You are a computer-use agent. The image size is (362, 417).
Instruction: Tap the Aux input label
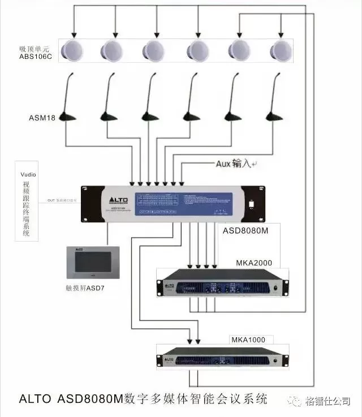[234, 164]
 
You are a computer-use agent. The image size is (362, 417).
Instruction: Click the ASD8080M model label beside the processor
[244, 231]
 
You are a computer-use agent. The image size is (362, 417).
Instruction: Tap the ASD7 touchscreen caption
[85, 288]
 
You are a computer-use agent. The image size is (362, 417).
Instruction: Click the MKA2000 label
[254, 264]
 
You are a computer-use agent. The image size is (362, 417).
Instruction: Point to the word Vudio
[28, 175]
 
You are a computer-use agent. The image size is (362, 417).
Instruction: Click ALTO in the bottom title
[36, 398]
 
